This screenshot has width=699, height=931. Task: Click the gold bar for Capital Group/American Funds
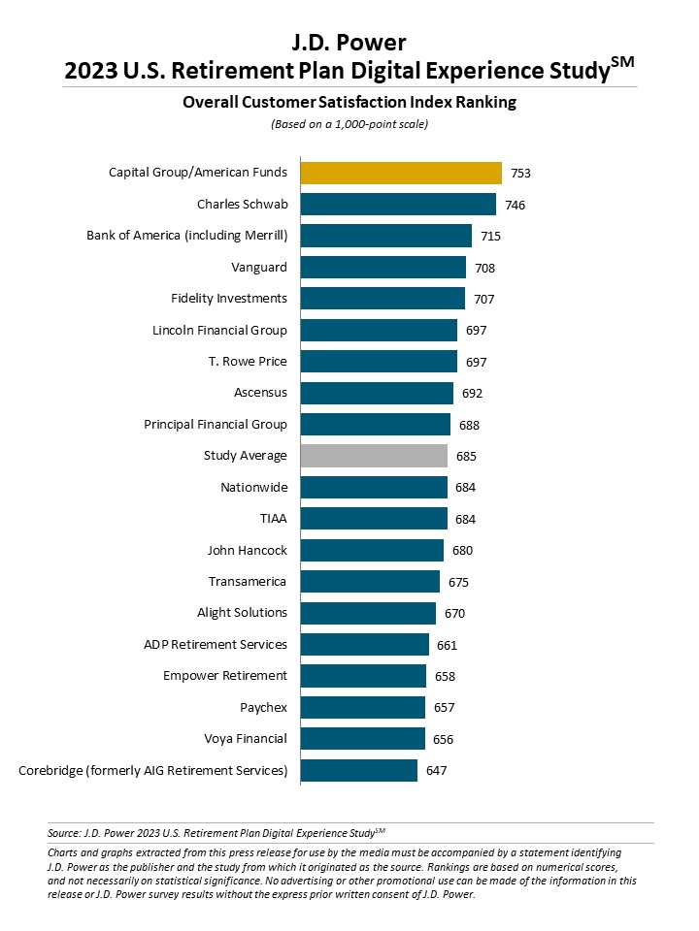401,173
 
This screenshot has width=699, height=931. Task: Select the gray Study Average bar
374,456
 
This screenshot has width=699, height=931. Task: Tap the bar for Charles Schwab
398,205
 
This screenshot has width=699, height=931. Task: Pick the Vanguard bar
383,267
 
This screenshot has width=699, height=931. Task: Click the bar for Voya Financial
363,739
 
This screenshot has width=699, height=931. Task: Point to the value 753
520,174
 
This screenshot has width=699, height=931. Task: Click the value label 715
490,237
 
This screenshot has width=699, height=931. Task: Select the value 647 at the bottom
436,771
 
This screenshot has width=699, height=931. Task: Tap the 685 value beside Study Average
466,456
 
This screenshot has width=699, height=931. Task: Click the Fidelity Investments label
228,299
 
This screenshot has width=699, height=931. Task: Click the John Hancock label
247,550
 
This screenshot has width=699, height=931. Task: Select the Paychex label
263,707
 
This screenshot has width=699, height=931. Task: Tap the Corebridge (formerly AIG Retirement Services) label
153,771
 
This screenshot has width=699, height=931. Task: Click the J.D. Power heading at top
349,42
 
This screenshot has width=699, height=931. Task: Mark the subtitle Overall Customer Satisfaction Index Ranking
349,102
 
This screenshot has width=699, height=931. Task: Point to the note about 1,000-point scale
349,124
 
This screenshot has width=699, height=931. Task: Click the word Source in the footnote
62,832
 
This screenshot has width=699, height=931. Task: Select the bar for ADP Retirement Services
365,645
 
